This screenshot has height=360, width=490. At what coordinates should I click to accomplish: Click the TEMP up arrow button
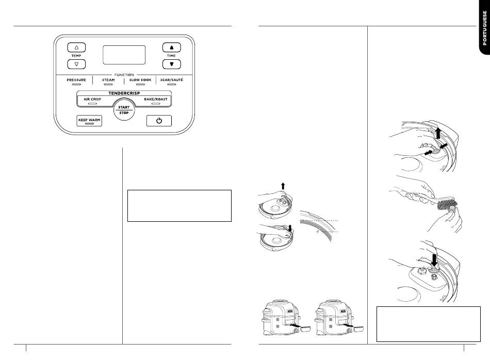click(x=76, y=47)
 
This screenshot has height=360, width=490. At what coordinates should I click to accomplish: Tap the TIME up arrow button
click(x=171, y=47)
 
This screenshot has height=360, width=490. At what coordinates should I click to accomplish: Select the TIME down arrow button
click(x=171, y=64)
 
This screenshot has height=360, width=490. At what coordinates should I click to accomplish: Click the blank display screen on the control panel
click(x=124, y=55)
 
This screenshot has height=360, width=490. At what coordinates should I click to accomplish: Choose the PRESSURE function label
click(x=76, y=80)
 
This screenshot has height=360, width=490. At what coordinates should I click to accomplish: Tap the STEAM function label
click(x=108, y=80)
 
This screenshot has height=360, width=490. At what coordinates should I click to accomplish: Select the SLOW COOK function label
click(x=140, y=80)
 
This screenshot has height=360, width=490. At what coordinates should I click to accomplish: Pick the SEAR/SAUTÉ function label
click(x=172, y=80)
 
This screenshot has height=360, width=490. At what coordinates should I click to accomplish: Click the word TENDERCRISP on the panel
click(x=124, y=93)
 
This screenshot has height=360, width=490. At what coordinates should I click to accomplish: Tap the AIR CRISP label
click(x=92, y=100)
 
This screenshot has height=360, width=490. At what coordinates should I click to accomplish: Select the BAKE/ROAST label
click(x=156, y=100)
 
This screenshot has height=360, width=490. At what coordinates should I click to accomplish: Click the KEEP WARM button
click(x=89, y=121)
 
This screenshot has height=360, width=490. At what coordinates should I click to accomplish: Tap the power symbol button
click(x=159, y=121)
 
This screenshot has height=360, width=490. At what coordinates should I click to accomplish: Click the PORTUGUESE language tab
click(x=484, y=28)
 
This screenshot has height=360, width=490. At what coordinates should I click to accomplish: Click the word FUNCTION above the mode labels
click(x=124, y=75)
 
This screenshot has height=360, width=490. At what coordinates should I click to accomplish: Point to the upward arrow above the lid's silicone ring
click(x=283, y=186)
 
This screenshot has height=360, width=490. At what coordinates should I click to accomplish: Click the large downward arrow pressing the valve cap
click(x=434, y=260)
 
